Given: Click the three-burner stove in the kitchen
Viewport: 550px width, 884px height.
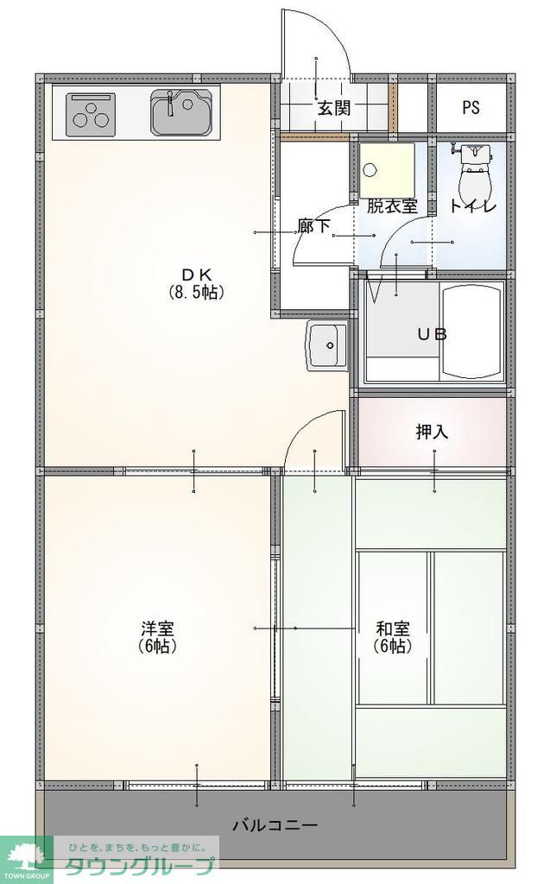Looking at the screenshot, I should pyautogui.click(x=90, y=113).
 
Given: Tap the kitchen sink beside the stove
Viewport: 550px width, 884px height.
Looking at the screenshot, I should pyautogui.click(x=181, y=112).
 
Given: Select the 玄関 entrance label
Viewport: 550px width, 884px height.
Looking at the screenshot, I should pyautogui.click(x=332, y=108).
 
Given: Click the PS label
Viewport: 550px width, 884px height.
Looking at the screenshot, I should pyautogui.click(x=471, y=108).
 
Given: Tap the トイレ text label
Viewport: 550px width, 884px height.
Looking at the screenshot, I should pyautogui.click(x=472, y=206).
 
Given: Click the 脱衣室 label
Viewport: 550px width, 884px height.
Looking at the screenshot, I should pyautogui.click(x=392, y=206).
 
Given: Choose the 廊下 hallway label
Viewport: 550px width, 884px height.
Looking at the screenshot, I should pyautogui.click(x=313, y=226).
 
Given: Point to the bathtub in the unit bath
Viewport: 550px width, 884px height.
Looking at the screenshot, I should pyautogui.click(x=471, y=332).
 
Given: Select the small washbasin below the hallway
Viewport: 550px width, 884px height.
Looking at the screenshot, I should pyautogui.click(x=327, y=345).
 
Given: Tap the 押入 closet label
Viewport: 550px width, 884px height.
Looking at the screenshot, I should pyautogui.click(x=432, y=432).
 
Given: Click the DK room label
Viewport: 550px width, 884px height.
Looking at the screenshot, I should pyautogui.click(x=196, y=275).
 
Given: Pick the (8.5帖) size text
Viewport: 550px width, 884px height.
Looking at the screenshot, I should pyautogui.click(x=196, y=293).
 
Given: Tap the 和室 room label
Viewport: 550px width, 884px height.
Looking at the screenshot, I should pyautogui.click(x=392, y=628).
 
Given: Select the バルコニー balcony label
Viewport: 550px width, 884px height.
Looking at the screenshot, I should pyautogui.click(x=275, y=825).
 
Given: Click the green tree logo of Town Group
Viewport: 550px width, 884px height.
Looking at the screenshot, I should pyautogui.click(x=26, y=856).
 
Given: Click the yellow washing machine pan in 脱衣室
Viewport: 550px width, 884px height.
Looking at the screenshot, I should pyautogui.click(x=386, y=169).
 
